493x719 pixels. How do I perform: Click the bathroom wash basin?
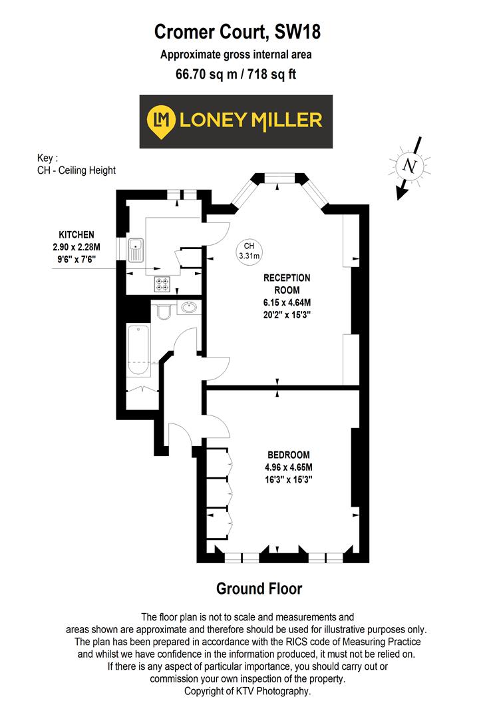point(189,308)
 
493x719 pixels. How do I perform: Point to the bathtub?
point(138,350)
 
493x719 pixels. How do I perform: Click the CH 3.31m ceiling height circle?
point(249,250)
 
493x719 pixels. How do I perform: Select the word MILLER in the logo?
point(286,120)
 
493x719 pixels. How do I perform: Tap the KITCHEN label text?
point(77,235)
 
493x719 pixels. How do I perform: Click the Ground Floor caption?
point(259,589)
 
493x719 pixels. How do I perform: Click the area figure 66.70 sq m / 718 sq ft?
point(236,74)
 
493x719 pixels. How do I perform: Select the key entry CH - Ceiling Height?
point(77,170)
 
